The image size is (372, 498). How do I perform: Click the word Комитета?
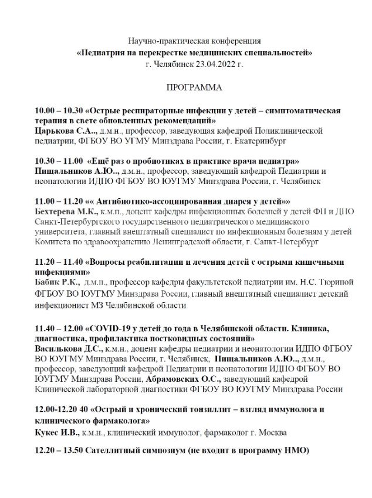tap(55, 241)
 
